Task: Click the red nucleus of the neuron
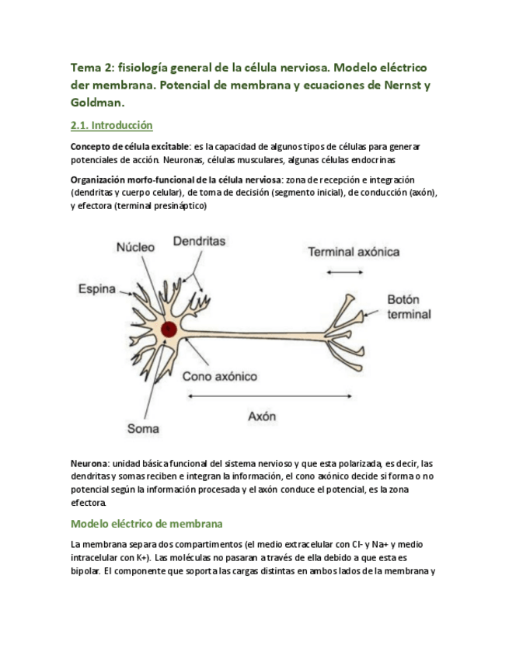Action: tap(168, 329)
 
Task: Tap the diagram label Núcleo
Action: tap(135, 246)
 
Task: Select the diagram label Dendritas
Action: tap(199, 241)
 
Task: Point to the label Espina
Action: tap(97, 289)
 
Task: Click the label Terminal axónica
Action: tap(354, 252)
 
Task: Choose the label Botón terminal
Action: tap(409, 307)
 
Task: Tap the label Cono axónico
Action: tap(220, 376)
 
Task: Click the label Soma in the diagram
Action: tap(143, 428)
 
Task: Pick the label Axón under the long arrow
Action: tap(262, 416)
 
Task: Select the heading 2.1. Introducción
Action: tap(111, 125)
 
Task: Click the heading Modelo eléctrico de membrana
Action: tap(147, 524)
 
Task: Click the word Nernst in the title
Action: tap(392, 85)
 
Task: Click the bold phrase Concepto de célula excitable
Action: tap(130, 146)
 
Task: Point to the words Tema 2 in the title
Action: tap(91, 68)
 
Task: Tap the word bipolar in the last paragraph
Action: tap(84, 571)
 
